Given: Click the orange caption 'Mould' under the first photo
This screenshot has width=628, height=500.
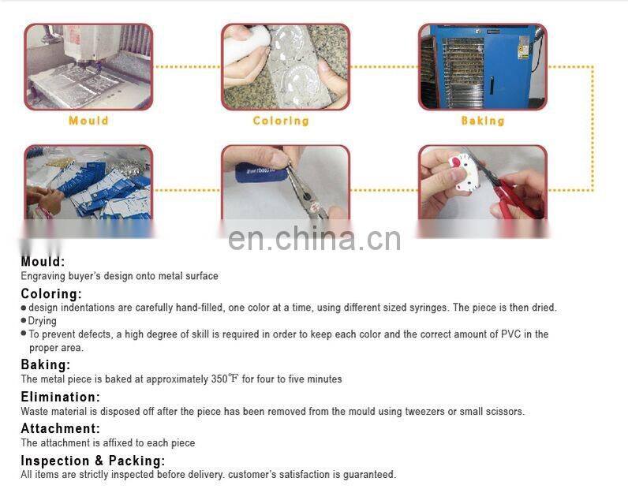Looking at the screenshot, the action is pyautogui.click(x=88, y=121).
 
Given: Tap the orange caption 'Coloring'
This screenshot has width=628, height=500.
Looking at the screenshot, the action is pyautogui.click(x=281, y=121).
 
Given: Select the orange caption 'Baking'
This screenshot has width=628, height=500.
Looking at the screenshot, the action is pyautogui.click(x=483, y=121).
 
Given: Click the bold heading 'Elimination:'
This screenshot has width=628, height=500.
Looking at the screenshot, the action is pyautogui.click(x=61, y=397).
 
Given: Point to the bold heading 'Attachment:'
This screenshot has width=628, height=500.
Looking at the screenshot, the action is pyautogui.click(x=61, y=428).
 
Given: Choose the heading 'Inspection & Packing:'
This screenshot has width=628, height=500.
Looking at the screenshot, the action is pyautogui.click(x=93, y=461).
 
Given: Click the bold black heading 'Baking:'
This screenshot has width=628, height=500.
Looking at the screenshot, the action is pyautogui.click(x=46, y=364).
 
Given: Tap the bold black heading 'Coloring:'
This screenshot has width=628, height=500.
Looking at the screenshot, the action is pyautogui.click(x=51, y=294).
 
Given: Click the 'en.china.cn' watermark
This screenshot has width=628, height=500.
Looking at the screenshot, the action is pyautogui.click(x=315, y=238).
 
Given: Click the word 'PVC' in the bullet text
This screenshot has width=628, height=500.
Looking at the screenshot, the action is pyautogui.click(x=510, y=334).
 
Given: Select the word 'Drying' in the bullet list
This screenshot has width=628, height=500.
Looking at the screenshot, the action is pyautogui.click(x=42, y=321).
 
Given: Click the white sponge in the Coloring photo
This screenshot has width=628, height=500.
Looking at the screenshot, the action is pyautogui.click(x=246, y=42).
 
